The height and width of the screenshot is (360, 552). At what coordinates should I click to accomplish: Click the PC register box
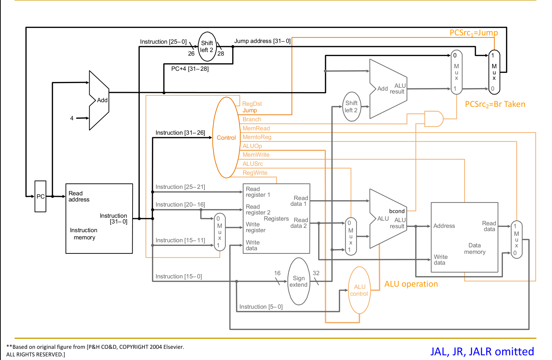(x=40, y=196)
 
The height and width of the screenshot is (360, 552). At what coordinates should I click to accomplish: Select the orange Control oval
(x=227, y=138)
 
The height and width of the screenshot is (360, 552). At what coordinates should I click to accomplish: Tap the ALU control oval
(x=359, y=290)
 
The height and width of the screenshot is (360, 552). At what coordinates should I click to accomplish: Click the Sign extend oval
(x=299, y=281)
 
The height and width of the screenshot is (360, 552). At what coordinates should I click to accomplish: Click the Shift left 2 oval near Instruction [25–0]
(x=207, y=47)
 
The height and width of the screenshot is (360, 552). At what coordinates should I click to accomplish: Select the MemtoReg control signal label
(x=257, y=137)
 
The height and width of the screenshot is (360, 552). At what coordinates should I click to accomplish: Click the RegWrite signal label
(x=255, y=173)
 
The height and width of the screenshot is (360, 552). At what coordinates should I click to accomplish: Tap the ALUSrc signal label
(x=253, y=164)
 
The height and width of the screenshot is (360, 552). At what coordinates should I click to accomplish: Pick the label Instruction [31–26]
(x=180, y=133)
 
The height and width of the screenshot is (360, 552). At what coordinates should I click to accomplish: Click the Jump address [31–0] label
(x=262, y=41)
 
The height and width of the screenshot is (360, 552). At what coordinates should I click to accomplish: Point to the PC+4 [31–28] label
(x=190, y=69)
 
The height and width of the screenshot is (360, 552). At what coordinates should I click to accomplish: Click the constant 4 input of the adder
(x=72, y=118)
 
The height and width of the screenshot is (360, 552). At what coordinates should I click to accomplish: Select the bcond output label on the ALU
(x=397, y=211)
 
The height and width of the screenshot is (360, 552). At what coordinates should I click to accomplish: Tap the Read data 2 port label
(x=300, y=223)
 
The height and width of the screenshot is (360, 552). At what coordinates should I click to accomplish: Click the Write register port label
(x=255, y=227)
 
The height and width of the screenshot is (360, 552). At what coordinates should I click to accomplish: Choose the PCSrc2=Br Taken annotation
(x=495, y=104)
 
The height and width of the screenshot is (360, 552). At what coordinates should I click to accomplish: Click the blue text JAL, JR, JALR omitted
(x=482, y=351)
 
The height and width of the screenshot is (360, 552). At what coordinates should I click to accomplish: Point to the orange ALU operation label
(x=411, y=284)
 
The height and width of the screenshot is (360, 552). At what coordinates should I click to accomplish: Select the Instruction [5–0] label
(x=261, y=307)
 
